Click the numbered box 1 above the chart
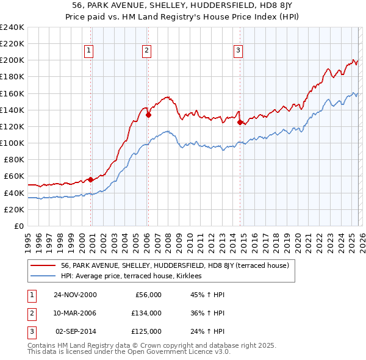click(89, 51)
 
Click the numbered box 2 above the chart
click(147, 51)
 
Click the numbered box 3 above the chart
click(238, 51)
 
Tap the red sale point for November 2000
click(91, 179)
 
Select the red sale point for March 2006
click(148, 114)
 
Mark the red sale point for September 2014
click(240, 122)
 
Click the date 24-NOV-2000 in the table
click(75, 295)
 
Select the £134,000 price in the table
click(146, 313)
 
